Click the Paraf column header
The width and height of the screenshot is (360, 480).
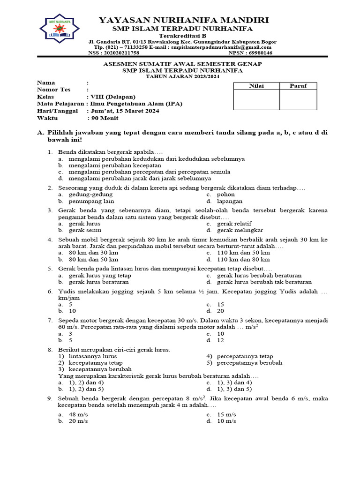click(298, 86)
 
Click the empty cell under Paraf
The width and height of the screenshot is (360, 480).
click(298, 99)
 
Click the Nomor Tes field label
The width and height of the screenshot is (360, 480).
click(54, 90)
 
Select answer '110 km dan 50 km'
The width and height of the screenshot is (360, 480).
click(243, 253)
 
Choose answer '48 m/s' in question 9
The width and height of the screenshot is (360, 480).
click(78, 415)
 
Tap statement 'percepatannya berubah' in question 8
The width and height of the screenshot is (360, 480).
click(249, 363)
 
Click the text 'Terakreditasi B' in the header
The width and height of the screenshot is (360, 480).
click(182, 36)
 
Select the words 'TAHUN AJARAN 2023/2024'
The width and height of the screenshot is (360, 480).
click(182, 76)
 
